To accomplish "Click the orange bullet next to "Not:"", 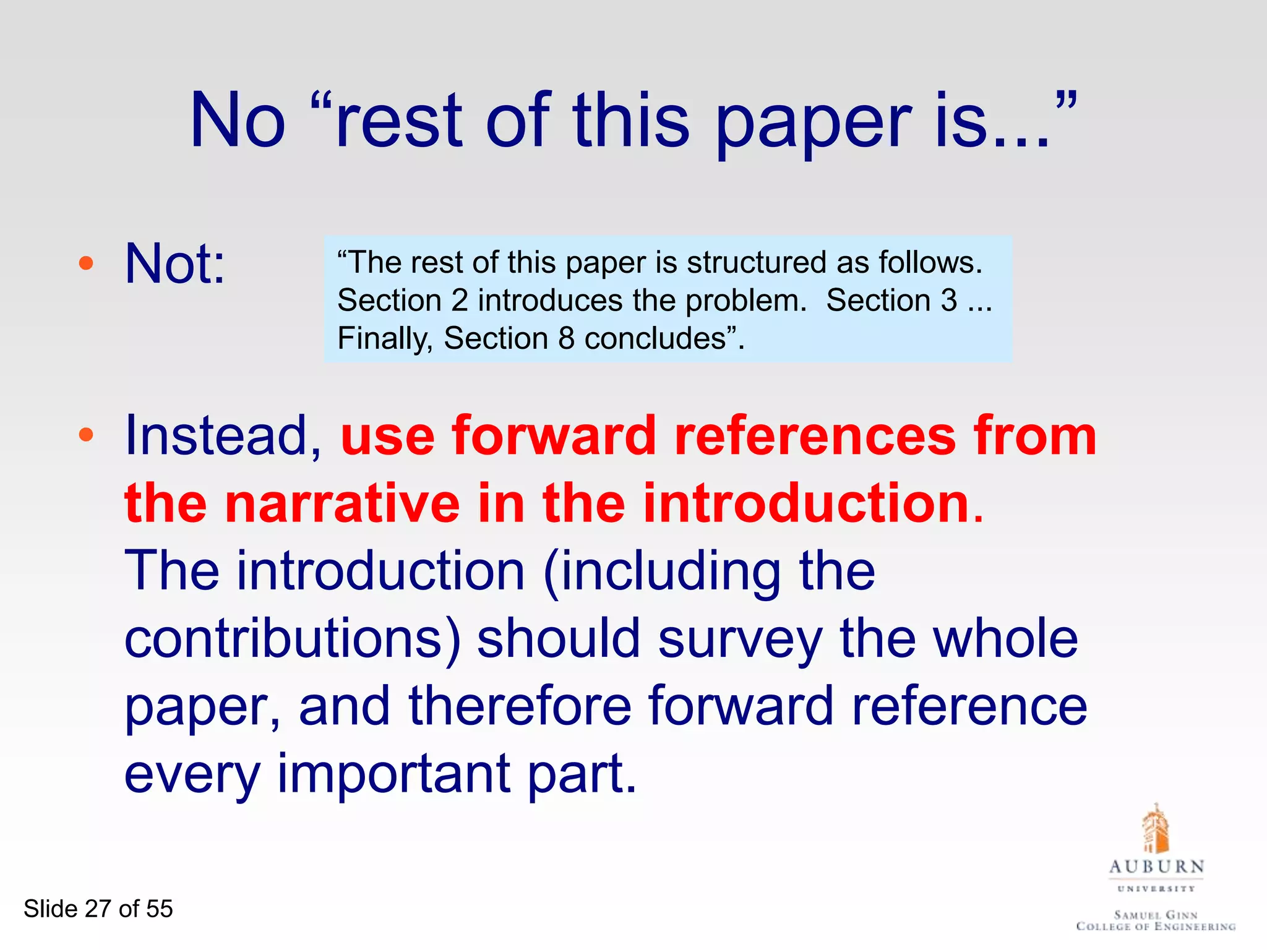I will [86, 264].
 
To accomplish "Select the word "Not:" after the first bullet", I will [175, 264].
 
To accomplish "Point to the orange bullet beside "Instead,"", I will [86, 435].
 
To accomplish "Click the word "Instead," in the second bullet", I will [223, 437].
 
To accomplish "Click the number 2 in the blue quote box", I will [460, 301].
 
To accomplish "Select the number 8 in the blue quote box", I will [567, 339].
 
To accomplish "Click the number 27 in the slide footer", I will [98, 909].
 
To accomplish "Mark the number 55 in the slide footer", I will [159, 909].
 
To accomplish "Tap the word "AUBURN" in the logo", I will [1156, 867].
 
